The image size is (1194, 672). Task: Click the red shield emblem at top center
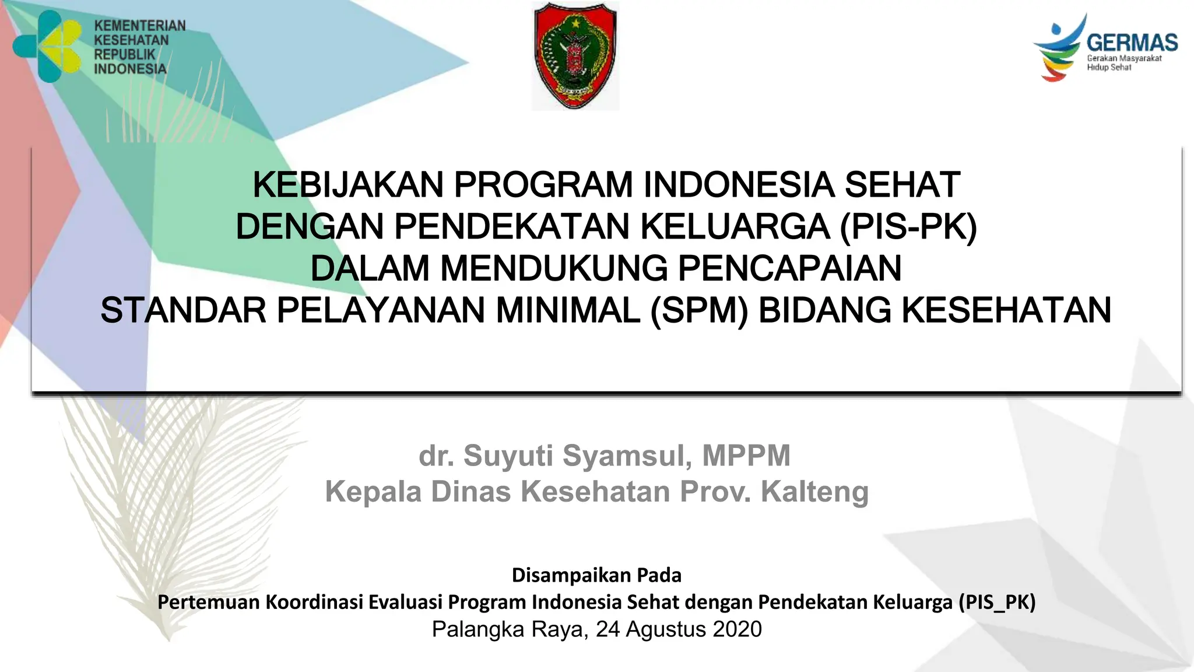(575, 55)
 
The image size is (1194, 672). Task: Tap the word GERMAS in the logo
(1132, 43)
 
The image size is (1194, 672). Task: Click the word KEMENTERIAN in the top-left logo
(140, 26)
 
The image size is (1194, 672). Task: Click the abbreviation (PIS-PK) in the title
(908, 227)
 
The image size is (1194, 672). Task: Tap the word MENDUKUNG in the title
(553, 268)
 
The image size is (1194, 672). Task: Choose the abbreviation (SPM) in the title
(699, 310)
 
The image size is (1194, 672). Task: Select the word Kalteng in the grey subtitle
(814, 492)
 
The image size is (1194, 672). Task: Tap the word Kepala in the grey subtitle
(373, 492)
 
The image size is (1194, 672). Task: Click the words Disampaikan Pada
(596, 575)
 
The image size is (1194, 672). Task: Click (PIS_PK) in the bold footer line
(997, 602)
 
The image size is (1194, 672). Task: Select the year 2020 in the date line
(737, 629)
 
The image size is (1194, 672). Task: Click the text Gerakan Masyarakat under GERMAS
(1124, 58)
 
